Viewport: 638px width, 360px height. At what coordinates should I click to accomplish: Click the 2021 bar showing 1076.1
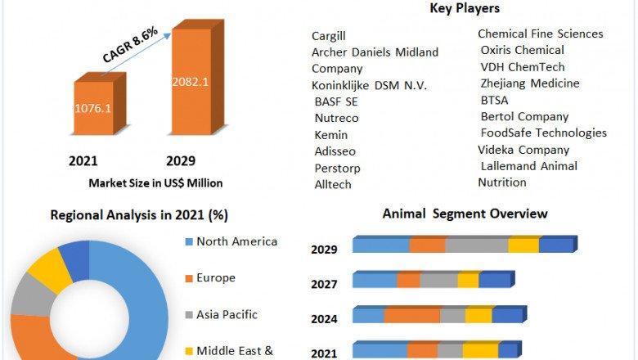[x=94, y=107]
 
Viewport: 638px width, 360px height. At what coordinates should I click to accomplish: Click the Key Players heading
[x=465, y=8]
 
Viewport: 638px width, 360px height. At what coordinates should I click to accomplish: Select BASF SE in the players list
[x=336, y=101]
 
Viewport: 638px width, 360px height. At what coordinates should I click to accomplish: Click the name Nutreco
[x=336, y=118]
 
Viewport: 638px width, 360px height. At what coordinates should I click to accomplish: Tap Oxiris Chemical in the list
[x=522, y=50]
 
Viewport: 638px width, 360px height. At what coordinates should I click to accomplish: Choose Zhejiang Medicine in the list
[x=530, y=83]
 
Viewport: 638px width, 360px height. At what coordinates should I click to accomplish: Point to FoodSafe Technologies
[x=544, y=133]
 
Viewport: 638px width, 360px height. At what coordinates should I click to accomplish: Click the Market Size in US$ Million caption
[x=155, y=183]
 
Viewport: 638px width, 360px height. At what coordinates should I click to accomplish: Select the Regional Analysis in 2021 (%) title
[x=139, y=215]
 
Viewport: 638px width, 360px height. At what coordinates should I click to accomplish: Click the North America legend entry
[x=236, y=241]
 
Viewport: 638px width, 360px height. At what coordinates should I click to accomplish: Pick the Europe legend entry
[x=215, y=278]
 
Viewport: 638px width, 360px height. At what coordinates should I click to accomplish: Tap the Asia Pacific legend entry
[x=227, y=314]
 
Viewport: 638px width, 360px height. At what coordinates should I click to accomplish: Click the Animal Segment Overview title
[x=465, y=214]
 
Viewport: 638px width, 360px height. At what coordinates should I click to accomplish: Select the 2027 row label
[x=324, y=285]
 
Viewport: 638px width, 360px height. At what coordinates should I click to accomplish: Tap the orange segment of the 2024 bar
[x=411, y=316]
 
